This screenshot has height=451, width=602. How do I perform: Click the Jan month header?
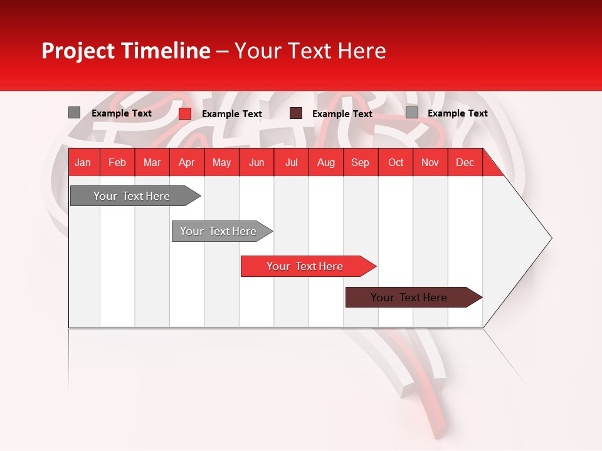(83, 162)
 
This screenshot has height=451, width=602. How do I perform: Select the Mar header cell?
(152, 162)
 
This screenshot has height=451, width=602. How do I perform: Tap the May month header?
(221, 162)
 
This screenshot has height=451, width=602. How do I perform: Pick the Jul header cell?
(291, 162)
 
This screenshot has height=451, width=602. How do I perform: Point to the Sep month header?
(360, 162)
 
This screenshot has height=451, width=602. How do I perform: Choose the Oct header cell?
(396, 162)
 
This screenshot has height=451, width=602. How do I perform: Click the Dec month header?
(465, 162)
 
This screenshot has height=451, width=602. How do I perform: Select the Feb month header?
(117, 162)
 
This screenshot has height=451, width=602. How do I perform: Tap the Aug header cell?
(325, 162)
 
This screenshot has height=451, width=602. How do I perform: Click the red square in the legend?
(184, 113)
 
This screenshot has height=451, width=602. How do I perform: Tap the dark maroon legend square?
(296, 113)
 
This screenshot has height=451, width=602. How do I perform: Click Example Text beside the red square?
(231, 114)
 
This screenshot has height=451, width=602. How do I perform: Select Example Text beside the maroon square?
(342, 114)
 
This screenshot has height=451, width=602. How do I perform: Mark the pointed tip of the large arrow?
(551, 238)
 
